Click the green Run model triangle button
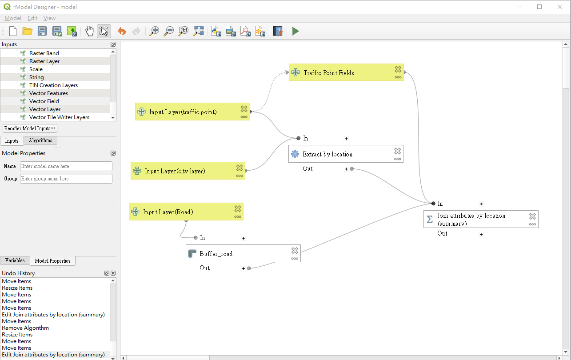295,32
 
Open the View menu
49,18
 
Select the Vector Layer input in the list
45,109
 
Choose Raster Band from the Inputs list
44,53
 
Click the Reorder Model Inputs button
30,128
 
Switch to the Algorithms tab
40,140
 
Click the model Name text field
66,166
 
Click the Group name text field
66,179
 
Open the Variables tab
15,260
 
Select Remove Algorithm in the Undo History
25,328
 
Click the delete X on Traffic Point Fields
398,69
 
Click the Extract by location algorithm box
346,154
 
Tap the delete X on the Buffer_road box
295,251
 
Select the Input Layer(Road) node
186,212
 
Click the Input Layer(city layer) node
188,171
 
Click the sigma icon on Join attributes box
430,219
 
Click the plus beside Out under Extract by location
346,169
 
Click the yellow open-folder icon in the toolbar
27,32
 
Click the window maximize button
539,7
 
